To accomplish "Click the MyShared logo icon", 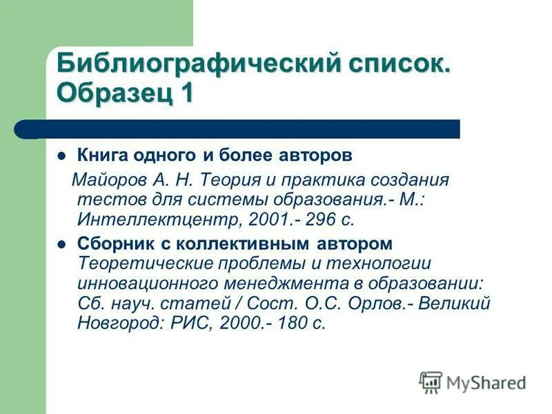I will point(431,382).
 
